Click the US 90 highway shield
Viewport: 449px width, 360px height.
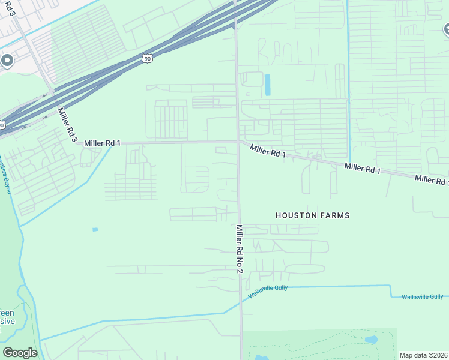[x=148, y=58]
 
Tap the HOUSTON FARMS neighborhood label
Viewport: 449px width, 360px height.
[x=312, y=215]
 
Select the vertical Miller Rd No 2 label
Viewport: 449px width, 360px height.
[x=239, y=249]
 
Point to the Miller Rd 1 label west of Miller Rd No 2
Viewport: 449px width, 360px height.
[x=103, y=143]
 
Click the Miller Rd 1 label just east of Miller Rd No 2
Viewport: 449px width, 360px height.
[x=268, y=151]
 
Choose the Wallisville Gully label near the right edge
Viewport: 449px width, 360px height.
[x=422, y=297]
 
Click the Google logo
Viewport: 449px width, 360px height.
[x=20, y=353]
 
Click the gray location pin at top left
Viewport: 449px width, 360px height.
[x=7, y=61]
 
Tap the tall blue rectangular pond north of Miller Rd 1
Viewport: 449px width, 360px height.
[x=267, y=85]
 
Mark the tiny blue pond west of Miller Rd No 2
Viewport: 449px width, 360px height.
[x=95, y=229]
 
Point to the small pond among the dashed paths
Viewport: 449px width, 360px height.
[x=372, y=339]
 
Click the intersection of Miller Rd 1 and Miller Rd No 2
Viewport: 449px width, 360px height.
[x=238, y=142]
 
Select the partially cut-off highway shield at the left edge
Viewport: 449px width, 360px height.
[x=2, y=125]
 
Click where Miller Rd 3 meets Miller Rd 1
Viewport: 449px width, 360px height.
[x=76, y=143]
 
